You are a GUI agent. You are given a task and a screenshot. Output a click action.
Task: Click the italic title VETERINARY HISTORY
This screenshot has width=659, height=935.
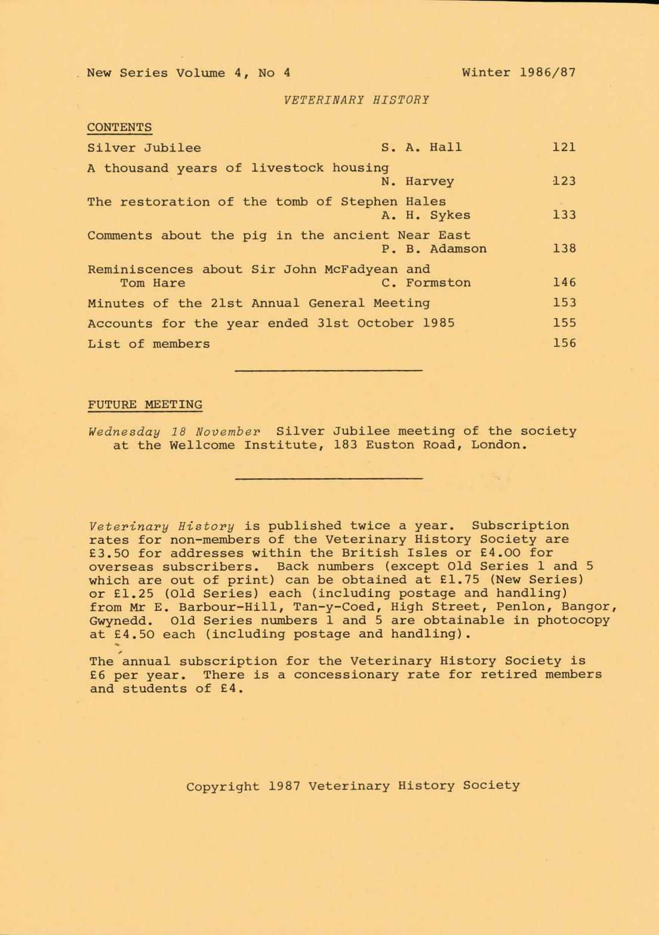[357, 100]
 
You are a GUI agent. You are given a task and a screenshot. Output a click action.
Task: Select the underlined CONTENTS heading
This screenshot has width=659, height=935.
[119, 127]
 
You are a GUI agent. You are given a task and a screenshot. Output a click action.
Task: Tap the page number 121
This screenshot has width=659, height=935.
[563, 147]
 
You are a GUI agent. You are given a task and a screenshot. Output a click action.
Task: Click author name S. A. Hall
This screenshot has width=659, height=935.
[421, 147]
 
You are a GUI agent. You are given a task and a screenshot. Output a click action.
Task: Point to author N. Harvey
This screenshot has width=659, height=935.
[418, 181]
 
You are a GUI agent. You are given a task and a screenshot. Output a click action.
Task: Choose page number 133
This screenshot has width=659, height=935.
[563, 215]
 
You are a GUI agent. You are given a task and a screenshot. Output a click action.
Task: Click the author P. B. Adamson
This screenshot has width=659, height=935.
[434, 248]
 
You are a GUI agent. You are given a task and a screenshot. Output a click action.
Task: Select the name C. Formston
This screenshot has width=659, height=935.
[426, 282]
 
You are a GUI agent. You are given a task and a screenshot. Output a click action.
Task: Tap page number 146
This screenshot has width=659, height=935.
[563, 282]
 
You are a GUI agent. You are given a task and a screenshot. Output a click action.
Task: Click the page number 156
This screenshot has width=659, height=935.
[563, 343]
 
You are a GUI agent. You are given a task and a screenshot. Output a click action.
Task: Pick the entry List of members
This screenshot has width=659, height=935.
[149, 344]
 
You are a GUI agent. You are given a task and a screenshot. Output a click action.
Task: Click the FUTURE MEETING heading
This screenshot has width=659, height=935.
[145, 404]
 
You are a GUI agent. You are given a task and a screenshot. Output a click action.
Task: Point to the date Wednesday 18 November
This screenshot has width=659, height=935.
[174, 431]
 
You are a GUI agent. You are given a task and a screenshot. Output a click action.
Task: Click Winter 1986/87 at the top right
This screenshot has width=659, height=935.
[519, 73]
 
